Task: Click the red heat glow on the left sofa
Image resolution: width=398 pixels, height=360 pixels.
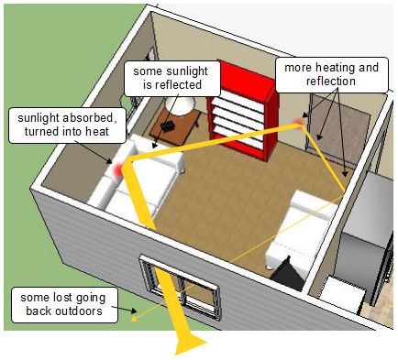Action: click(116, 169)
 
